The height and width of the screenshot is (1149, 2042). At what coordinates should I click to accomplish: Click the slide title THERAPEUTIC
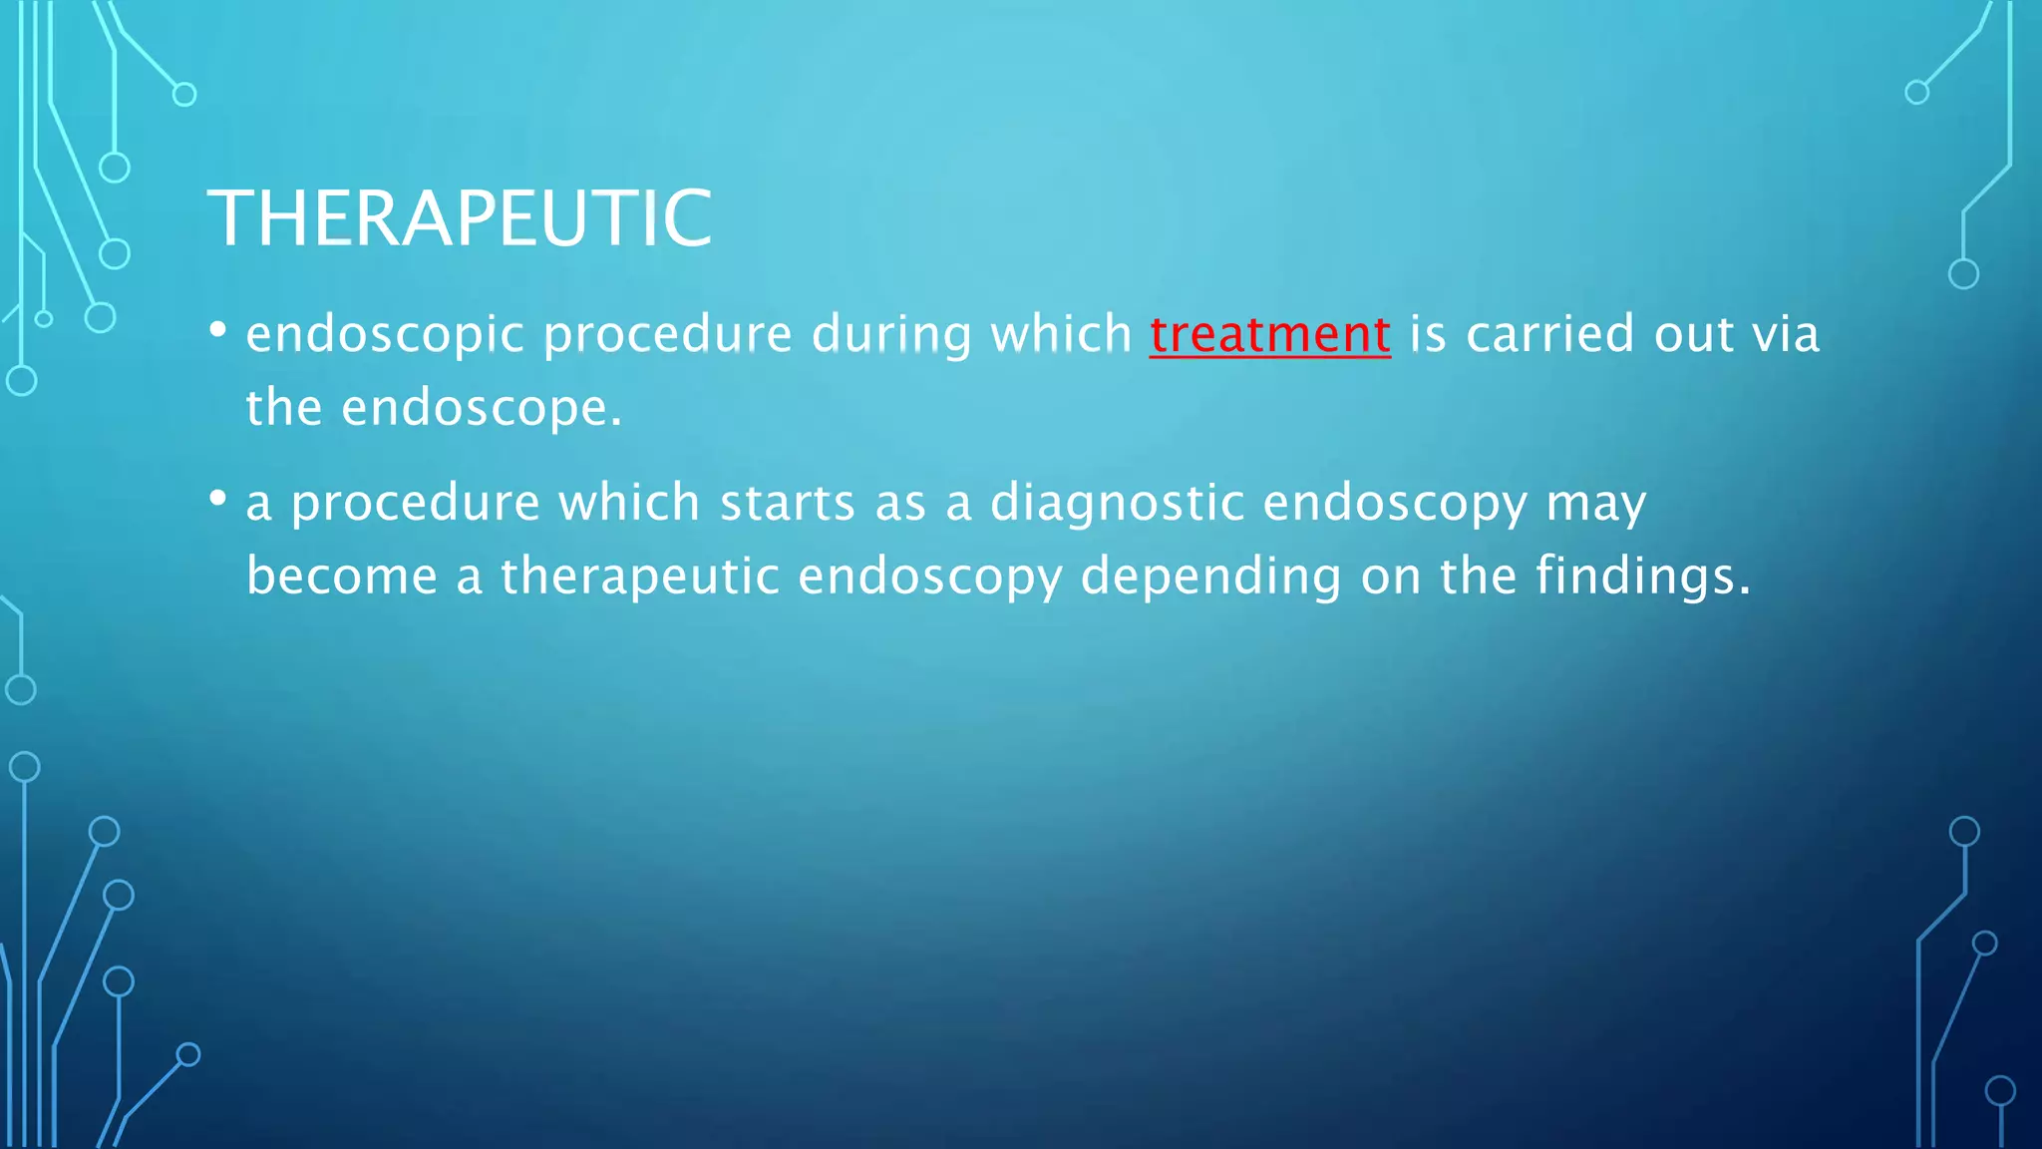tap(460, 218)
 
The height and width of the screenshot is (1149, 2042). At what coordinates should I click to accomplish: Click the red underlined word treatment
tap(1269, 334)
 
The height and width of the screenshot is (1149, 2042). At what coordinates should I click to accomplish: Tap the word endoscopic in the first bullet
tap(385, 335)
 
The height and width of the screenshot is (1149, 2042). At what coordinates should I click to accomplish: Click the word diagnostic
tap(1117, 503)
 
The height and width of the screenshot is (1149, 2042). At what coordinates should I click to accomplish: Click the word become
tap(342, 576)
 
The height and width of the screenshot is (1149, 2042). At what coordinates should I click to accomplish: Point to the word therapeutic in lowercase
tap(639, 577)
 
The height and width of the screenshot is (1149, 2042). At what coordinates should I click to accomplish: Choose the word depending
tap(1210, 577)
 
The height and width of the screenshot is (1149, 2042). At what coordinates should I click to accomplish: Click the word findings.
tap(1642, 577)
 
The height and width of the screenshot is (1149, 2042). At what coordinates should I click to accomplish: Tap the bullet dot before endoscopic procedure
tap(218, 328)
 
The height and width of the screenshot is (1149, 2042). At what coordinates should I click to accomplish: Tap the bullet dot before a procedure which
tap(218, 497)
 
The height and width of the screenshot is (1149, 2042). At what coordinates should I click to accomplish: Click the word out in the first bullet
tap(1694, 334)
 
